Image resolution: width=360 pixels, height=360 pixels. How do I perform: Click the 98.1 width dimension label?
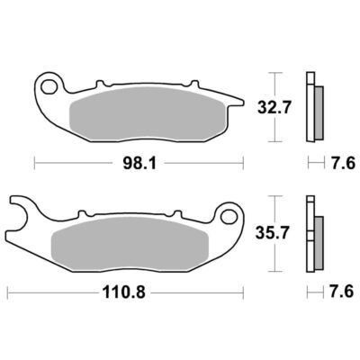pyautogui.click(x=139, y=163)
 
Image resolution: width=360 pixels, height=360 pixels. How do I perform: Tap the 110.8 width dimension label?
pyautogui.click(x=124, y=292)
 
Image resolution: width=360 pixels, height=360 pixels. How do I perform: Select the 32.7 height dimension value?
pyautogui.click(x=274, y=107)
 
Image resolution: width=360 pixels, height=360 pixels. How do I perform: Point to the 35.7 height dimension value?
pyautogui.click(x=273, y=233)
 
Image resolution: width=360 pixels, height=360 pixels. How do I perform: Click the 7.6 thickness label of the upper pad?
pyautogui.click(x=343, y=164)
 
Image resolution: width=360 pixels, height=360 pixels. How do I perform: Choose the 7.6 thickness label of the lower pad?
pyautogui.click(x=342, y=292)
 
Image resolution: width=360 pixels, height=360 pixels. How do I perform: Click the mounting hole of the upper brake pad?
pyautogui.click(x=49, y=87)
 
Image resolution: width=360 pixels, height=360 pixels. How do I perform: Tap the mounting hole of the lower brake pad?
pyautogui.click(x=229, y=216)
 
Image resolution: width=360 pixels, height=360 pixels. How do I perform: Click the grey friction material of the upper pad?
pyautogui.click(x=146, y=113)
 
